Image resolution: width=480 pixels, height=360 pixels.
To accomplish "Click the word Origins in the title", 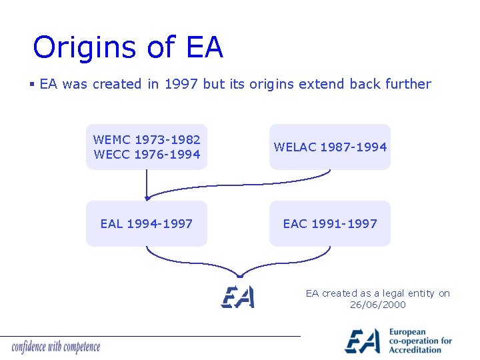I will point(83,48).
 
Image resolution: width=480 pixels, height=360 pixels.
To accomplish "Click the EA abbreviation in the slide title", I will point(205,48).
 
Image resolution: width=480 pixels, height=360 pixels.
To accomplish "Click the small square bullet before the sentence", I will point(32,85).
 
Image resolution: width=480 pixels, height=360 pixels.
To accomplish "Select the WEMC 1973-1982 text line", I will point(147,140).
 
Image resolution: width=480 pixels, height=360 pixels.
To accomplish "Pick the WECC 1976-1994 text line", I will point(147,155).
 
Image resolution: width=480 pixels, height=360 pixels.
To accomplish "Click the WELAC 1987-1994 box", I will point(330,147).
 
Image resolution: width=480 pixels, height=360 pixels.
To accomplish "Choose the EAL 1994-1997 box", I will point(147,223).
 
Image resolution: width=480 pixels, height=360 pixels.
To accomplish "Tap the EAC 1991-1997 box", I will point(330,223).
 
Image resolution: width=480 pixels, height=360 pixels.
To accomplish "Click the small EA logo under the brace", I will point(238,297).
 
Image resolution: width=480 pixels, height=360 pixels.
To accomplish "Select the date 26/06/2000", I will point(378,305).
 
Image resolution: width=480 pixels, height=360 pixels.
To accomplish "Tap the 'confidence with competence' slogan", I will point(56,347).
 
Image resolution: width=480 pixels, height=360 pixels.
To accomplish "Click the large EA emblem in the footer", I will point(363,341).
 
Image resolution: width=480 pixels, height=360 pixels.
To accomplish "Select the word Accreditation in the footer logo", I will point(415,350).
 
